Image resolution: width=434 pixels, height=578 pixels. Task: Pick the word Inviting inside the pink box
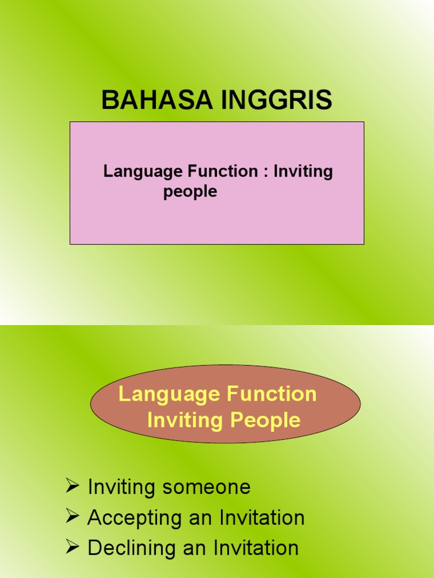(x=303, y=172)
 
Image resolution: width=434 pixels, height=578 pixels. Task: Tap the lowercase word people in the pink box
(x=190, y=192)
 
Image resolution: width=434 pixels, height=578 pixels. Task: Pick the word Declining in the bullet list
(x=132, y=548)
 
